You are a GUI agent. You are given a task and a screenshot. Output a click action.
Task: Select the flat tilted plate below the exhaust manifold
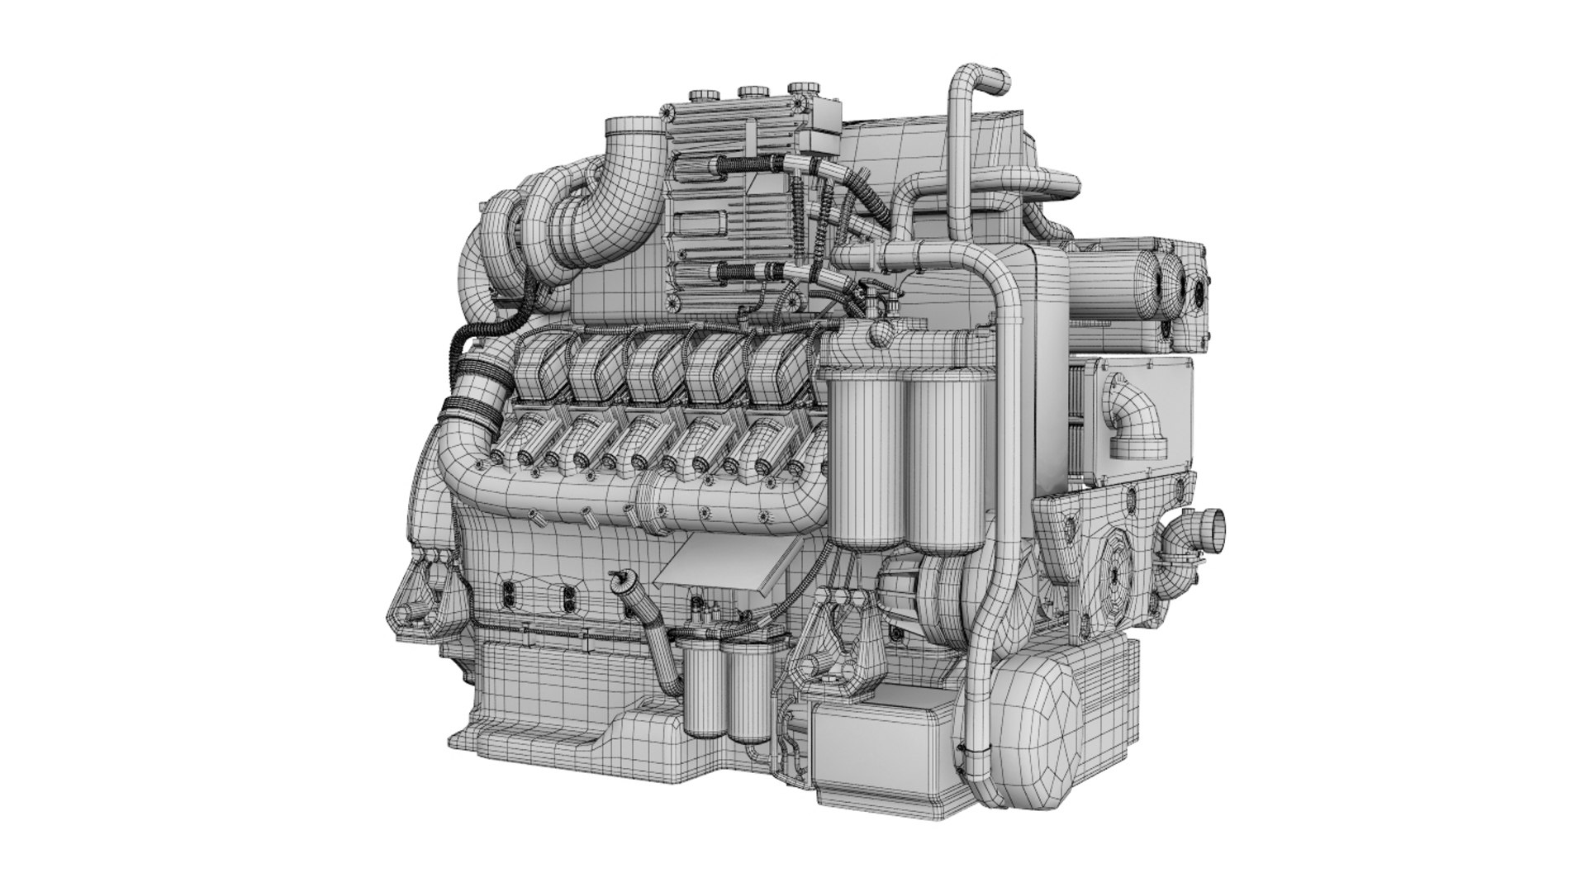723,570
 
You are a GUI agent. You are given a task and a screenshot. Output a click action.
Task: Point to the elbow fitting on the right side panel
1142,421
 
